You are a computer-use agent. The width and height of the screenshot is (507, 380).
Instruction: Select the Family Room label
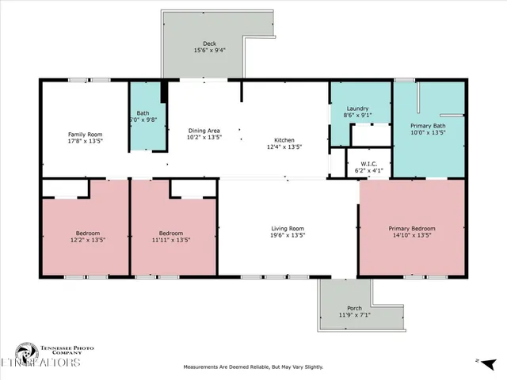click(85, 135)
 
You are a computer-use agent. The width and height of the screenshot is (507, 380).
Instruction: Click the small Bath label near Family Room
click(143, 113)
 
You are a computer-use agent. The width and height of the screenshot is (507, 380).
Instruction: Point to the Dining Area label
click(204, 131)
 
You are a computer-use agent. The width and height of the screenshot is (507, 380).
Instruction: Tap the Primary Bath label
click(428, 126)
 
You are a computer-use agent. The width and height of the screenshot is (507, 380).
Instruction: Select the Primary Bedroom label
click(411, 229)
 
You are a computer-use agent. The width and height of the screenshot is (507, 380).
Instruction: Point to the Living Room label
click(288, 228)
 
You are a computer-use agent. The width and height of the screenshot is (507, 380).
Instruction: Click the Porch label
click(354, 308)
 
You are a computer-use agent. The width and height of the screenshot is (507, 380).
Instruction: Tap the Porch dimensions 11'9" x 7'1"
click(354, 315)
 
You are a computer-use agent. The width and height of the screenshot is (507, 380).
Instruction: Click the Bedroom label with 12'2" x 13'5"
click(87, 233)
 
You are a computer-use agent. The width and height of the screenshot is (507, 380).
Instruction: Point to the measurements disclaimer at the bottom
click(253, 367)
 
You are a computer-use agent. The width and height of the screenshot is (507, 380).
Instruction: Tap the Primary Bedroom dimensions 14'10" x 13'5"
click(411, 236)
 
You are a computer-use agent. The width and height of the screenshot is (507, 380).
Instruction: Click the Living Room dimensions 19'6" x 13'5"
click(288, 235)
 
